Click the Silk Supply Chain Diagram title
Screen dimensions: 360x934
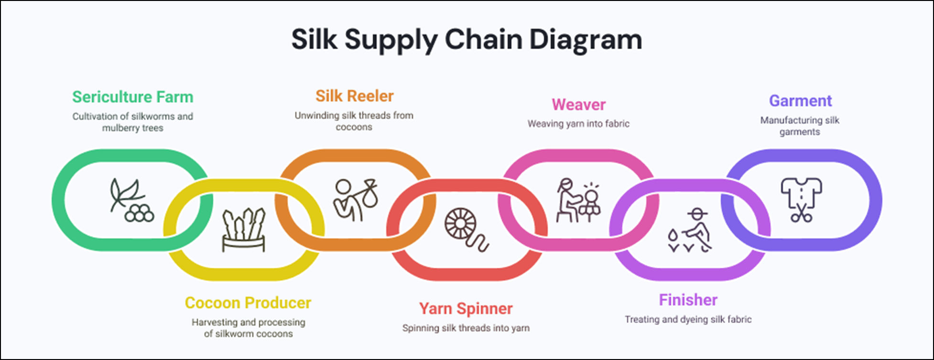467,39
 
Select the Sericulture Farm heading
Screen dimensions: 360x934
132,97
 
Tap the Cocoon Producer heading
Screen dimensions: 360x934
248,303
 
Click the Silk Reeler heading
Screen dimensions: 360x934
354,96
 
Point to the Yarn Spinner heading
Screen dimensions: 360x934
466,308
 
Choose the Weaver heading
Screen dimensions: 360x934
578,104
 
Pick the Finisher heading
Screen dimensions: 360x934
688,300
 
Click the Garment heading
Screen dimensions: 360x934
800,101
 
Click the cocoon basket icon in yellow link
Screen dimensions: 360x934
243,230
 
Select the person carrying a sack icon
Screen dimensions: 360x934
355,200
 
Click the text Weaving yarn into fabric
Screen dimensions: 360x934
578,124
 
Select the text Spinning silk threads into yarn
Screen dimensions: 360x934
466,328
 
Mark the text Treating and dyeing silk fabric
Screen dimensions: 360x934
688,319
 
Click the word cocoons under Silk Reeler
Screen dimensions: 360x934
354,127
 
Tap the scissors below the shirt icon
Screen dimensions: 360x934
801,215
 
